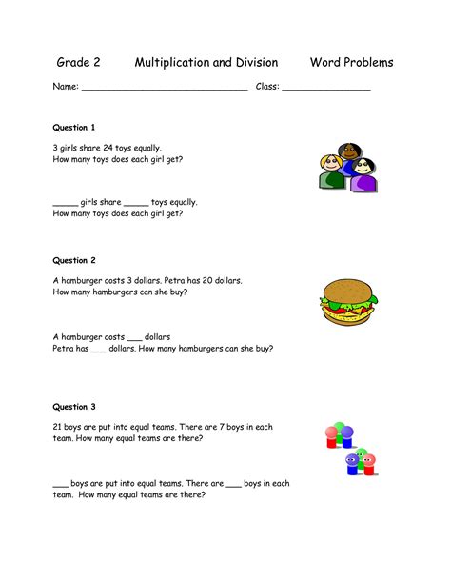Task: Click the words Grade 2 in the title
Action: [79, 63]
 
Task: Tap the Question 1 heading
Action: [74, 128]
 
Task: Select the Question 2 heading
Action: [74, 260]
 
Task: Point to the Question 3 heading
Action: [74, 407]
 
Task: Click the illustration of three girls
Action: [346, 169]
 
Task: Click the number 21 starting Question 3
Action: [59, 428]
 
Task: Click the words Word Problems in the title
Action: [351, 63]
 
